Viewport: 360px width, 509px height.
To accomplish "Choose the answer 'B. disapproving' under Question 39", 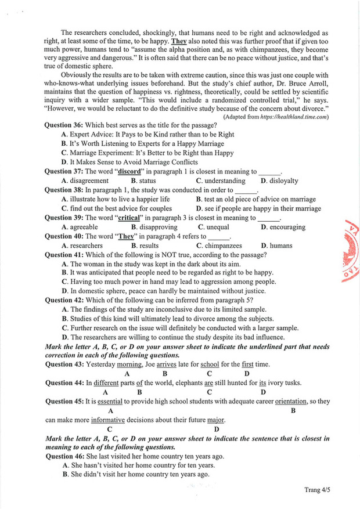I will point(154,228).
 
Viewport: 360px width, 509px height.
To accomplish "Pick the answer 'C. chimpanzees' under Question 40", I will point(219,246).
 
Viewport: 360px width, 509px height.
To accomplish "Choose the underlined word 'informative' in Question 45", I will point(108,420).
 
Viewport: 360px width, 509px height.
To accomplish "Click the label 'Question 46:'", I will point(64,457).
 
